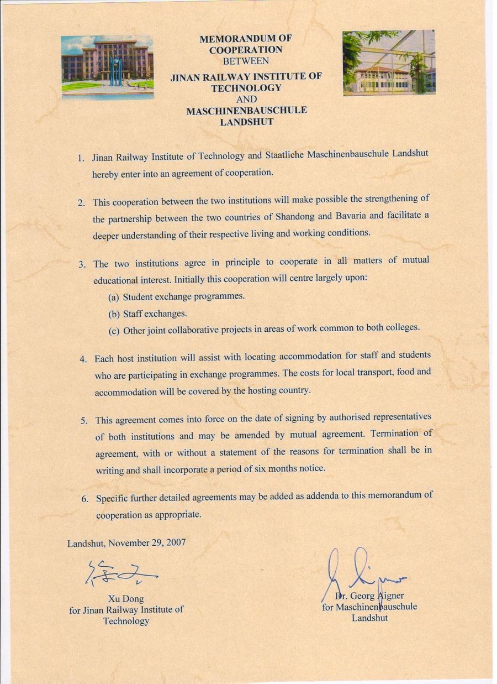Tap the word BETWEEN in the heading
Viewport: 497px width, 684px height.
tap(246, 60)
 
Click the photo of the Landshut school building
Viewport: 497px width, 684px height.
tap(389, 62)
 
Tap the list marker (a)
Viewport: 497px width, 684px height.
tap(114, 297)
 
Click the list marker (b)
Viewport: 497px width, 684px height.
tap(114, 314)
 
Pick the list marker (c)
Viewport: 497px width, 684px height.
tap(114, 331)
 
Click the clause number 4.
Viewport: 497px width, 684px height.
tap(84, 359)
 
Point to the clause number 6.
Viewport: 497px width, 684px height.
tap(85, 499)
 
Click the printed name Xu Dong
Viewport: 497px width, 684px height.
tap(126, 599)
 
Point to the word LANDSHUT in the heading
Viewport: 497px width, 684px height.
tap(246, 122)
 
